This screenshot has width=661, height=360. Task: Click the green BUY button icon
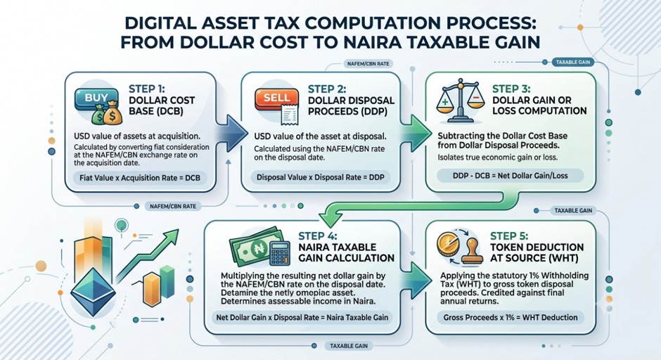pyautogui.click(x=96, y=98)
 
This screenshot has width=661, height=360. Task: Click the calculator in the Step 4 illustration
pyautogui.click(x=279, y=252)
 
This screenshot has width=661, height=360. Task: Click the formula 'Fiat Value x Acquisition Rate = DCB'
pyautogui.click(x=140, y=178)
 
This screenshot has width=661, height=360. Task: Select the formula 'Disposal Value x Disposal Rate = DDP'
pyautogui.click(x=321, y=177)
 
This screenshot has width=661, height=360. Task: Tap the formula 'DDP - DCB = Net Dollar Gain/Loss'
pyautogui.click(x=510, y=176)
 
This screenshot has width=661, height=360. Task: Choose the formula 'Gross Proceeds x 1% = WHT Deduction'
pyautogui.click(x=510, y=317)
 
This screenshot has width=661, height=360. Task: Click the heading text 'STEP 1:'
pyautogui.click(x=147, y=89)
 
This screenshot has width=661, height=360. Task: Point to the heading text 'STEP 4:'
pyautogui.click(x=318, y=236)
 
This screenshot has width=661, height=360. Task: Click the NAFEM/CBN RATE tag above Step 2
pyautogui.click(x=368, y=64)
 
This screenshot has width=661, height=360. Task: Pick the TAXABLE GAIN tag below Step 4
pyautogui.click(x=349, y=346)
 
